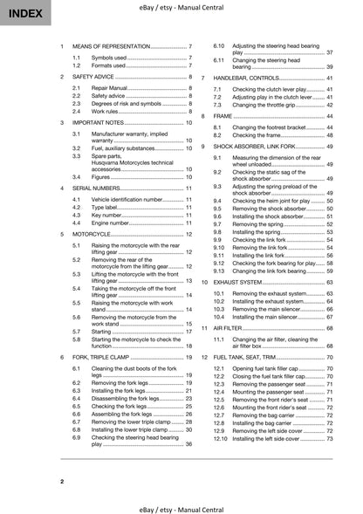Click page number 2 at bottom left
coord(62,482)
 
